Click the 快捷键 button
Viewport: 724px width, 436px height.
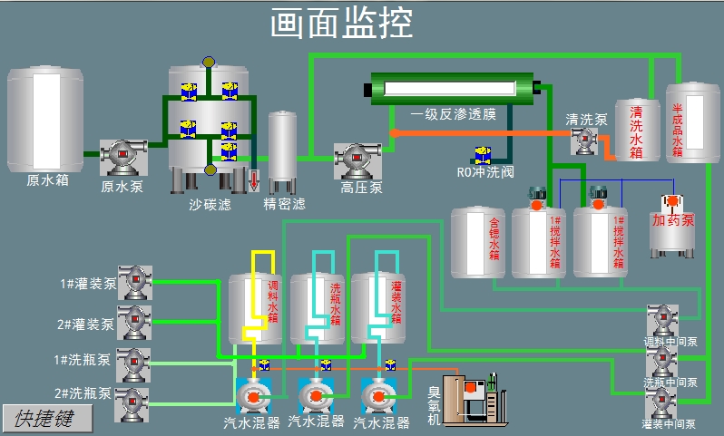(x=47, y=419)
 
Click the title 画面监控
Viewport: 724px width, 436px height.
(x=341, y=24)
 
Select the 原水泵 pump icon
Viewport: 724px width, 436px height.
(x=122, y=158)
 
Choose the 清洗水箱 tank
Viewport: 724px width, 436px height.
(x=637, y=130)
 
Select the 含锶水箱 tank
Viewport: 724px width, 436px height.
(x=478, y=243)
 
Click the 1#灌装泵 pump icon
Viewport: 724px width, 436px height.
(x=135, y=283)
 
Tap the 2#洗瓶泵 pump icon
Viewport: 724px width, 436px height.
(x=133, y=402)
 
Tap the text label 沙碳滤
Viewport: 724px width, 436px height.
(x=210, y=205)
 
